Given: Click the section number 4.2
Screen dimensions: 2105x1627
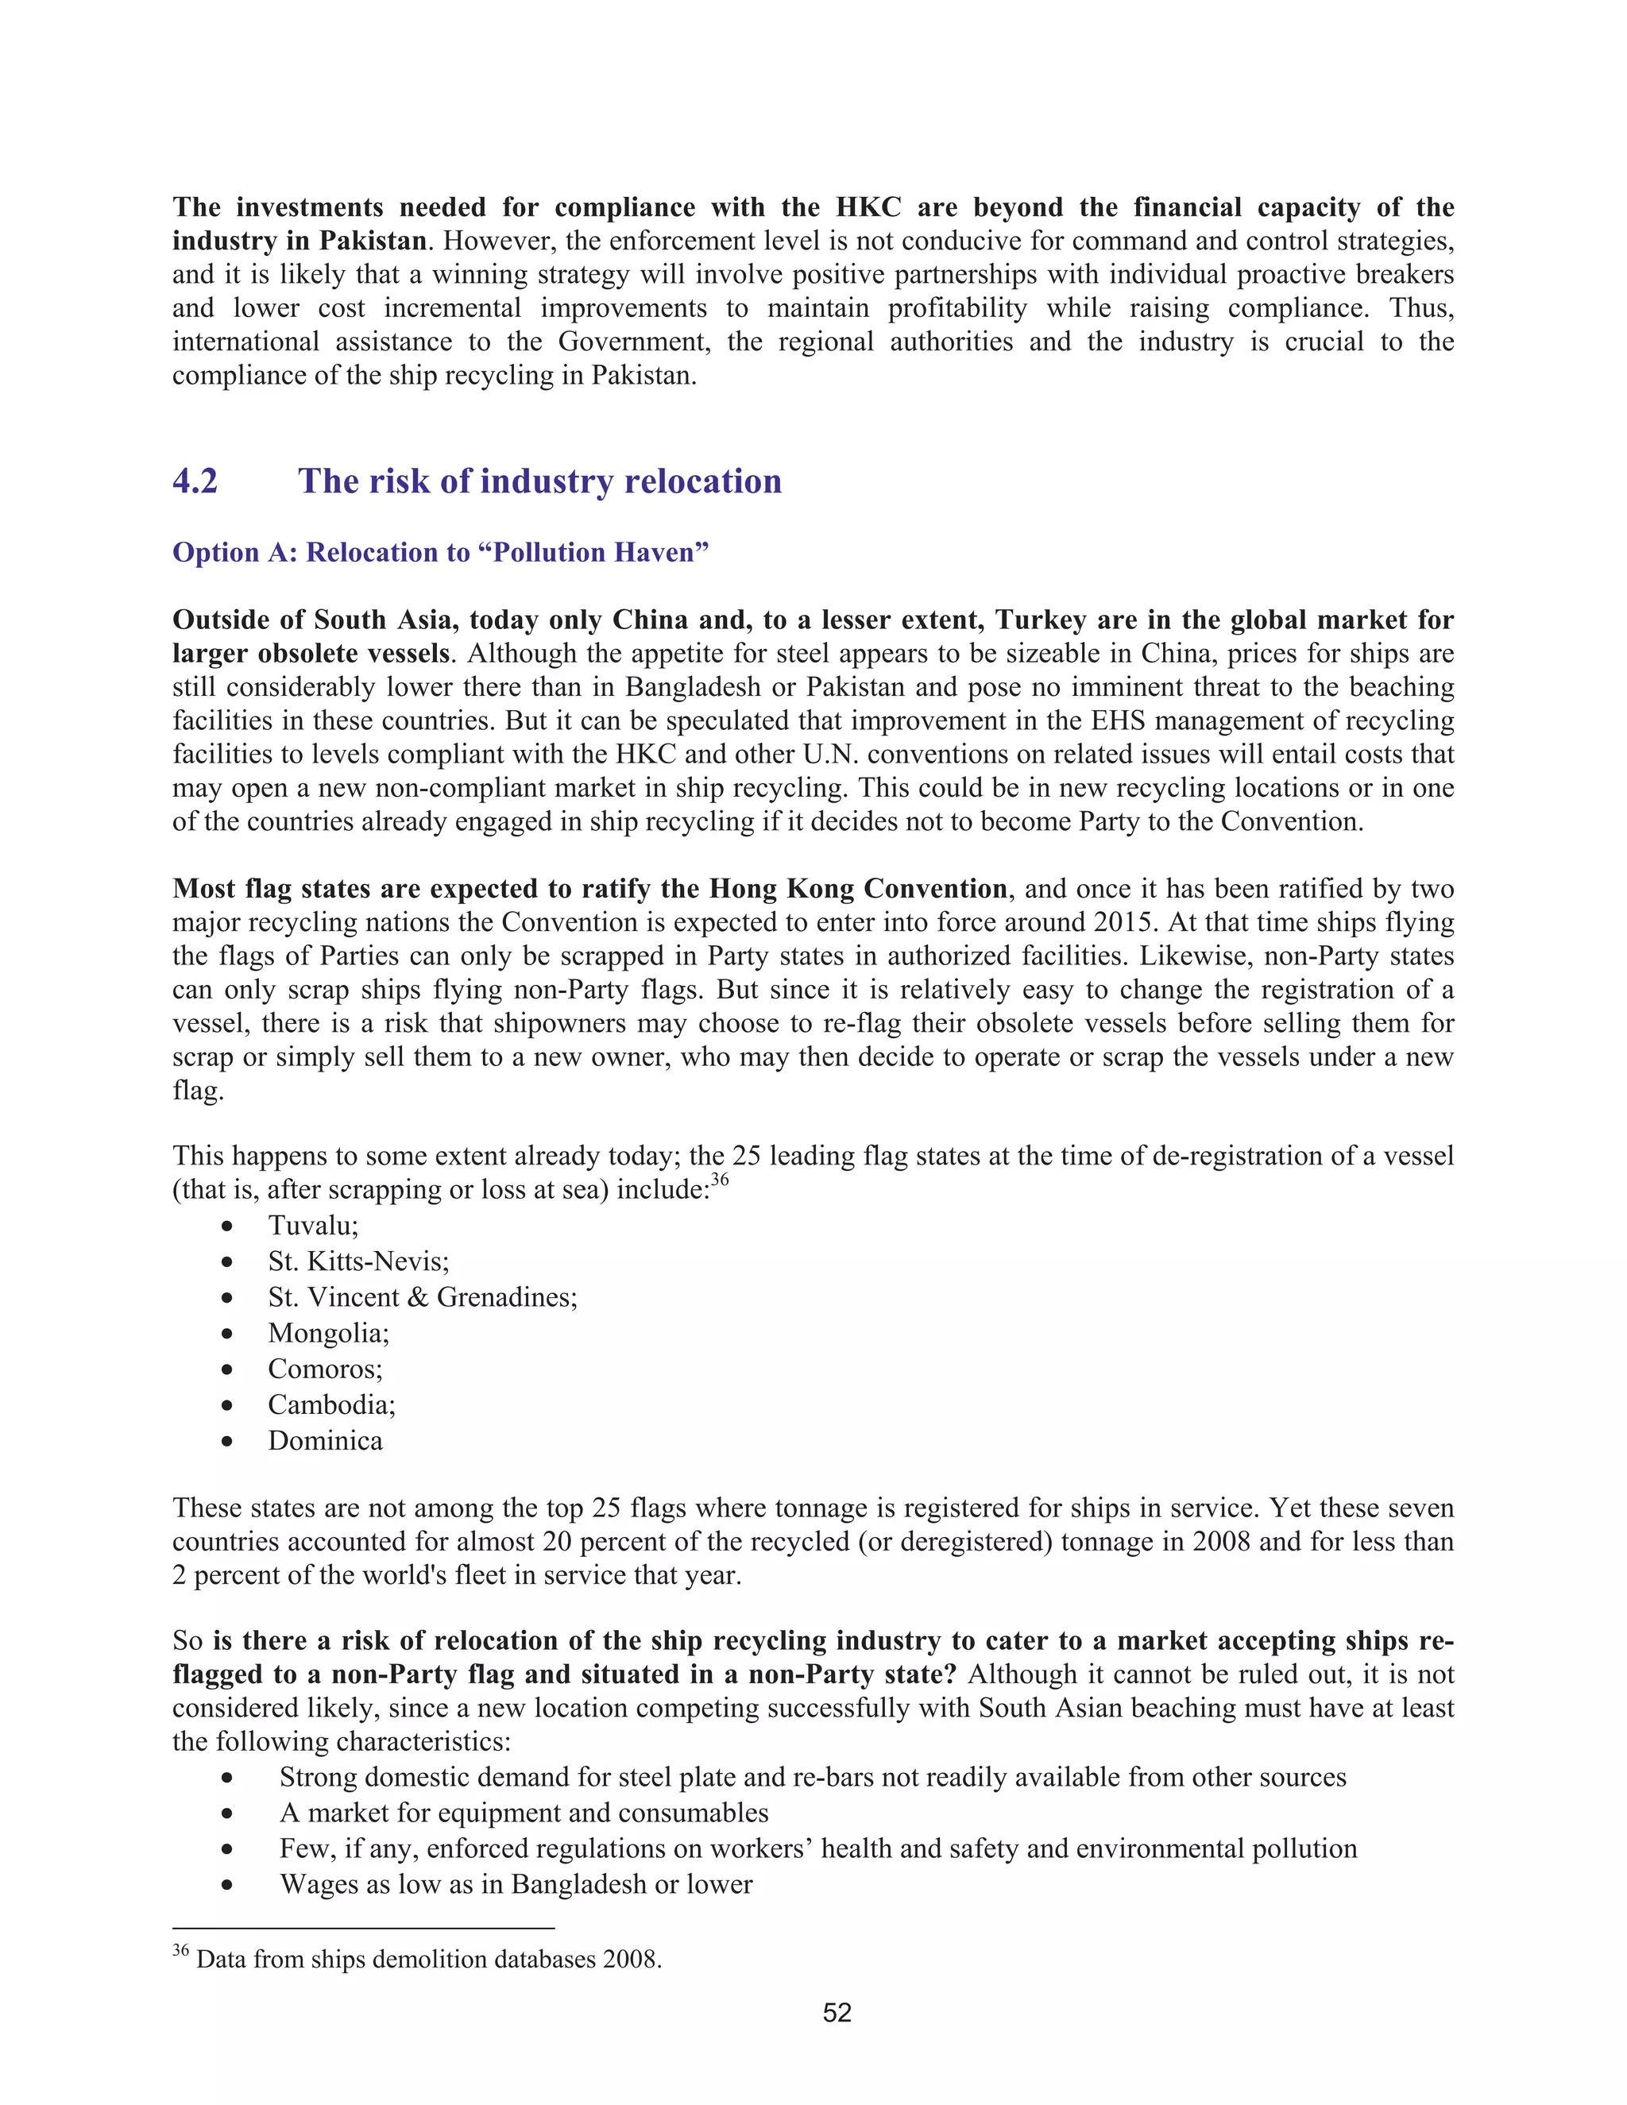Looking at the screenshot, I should [195, 481].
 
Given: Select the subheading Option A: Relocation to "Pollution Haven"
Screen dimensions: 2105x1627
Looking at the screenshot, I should [440, 552].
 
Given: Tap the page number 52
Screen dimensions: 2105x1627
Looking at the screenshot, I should [837, 2013].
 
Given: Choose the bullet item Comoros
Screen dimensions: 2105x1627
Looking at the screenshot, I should [325, 1369].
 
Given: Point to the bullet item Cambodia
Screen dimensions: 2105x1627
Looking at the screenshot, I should [330, 1404].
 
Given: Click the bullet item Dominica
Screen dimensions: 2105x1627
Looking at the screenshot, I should [325, 1441].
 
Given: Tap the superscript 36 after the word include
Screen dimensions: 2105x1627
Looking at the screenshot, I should [720, 1180].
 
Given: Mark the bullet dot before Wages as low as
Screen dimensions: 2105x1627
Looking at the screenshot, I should [226, 1885].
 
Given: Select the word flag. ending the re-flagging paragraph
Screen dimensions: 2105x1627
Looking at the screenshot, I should [198, 1091].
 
